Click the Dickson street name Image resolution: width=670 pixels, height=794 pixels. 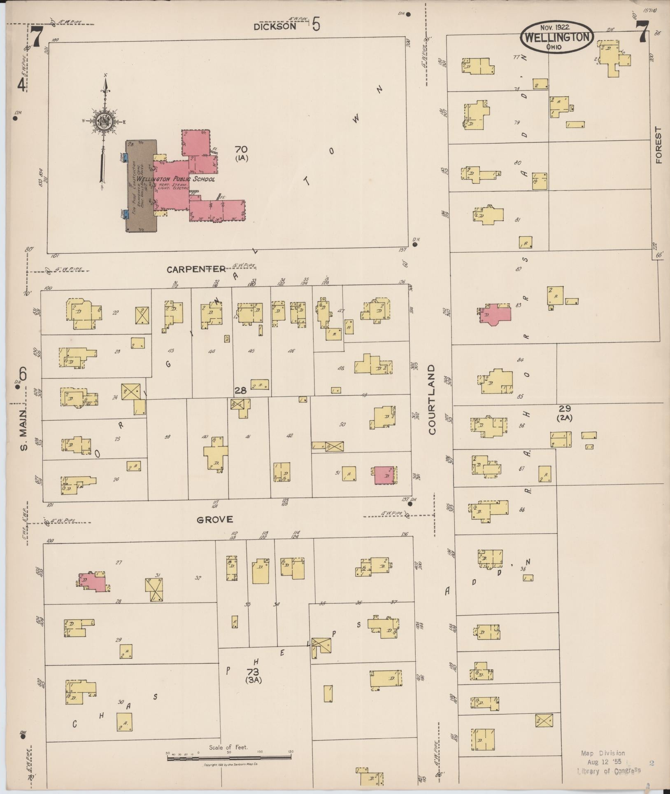(x=275, y=26)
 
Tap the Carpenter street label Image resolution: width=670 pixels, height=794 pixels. (x=196, y=269)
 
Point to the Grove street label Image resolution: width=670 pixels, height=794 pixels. (x=214, y=520)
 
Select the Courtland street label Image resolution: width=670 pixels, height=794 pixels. (x=432, y=399)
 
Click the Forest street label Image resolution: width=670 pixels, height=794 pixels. (x=659, y=145)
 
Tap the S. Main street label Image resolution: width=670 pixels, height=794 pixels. (x=23, y=430)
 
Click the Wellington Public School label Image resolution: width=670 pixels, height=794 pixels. (x=176, y=179)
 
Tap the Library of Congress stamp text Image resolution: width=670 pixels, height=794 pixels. (x=609, y=771)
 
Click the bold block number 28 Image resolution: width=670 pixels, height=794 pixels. (x=240, y=390)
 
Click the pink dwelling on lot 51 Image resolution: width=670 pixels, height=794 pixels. (x=384, y=475)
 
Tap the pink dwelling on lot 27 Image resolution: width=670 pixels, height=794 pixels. (x=94, y=582)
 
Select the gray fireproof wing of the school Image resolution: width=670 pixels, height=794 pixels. (x=141, y=185)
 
